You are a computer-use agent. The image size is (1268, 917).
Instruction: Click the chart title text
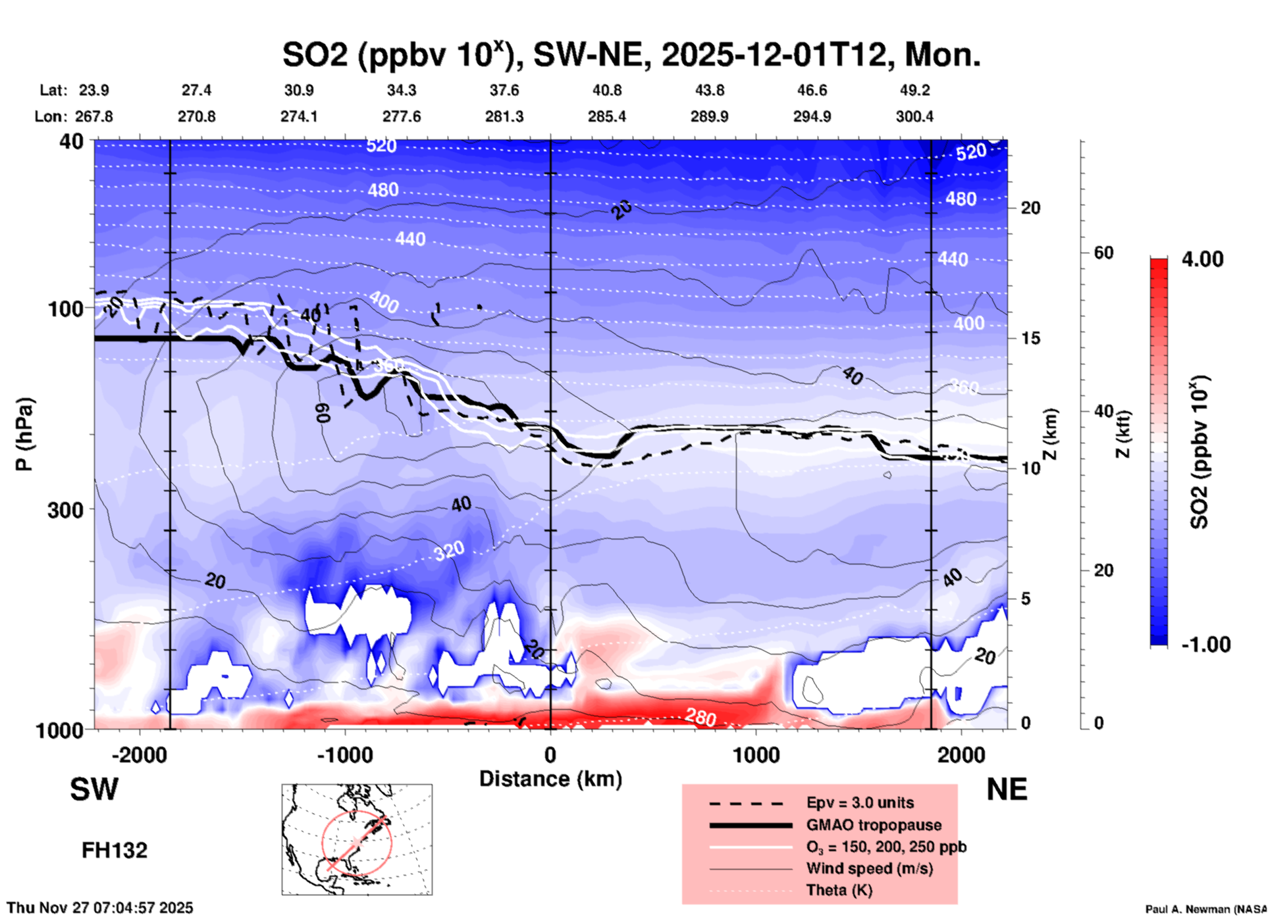[631, 55]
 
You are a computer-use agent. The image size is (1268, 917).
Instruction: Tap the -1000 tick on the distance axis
[344, 755]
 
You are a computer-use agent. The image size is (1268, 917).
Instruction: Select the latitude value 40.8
[606, 90]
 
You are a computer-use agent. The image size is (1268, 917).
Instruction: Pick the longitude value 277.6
[402, 116]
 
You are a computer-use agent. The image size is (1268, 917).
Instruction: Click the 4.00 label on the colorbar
[1202, 259]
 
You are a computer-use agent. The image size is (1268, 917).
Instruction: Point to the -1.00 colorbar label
[1205, 645]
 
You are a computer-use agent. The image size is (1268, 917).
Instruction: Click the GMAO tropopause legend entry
[873, 825]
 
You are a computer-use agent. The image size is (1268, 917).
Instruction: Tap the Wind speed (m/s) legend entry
[869, 868]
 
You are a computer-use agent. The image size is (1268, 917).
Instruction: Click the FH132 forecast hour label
[115, 851]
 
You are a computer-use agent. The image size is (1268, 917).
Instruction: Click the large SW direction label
[94, 789]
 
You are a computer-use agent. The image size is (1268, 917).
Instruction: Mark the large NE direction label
[1006, 789]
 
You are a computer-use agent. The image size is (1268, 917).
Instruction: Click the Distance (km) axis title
[550, 779]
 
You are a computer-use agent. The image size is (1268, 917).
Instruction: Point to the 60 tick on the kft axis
[1103, 253]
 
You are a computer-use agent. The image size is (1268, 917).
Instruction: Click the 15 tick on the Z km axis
[1030, 338]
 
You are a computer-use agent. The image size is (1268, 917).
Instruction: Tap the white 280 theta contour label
[700, 717]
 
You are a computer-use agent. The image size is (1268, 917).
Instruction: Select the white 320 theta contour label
[449, 551]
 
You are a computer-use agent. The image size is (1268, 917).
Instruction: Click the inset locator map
[357, 839]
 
